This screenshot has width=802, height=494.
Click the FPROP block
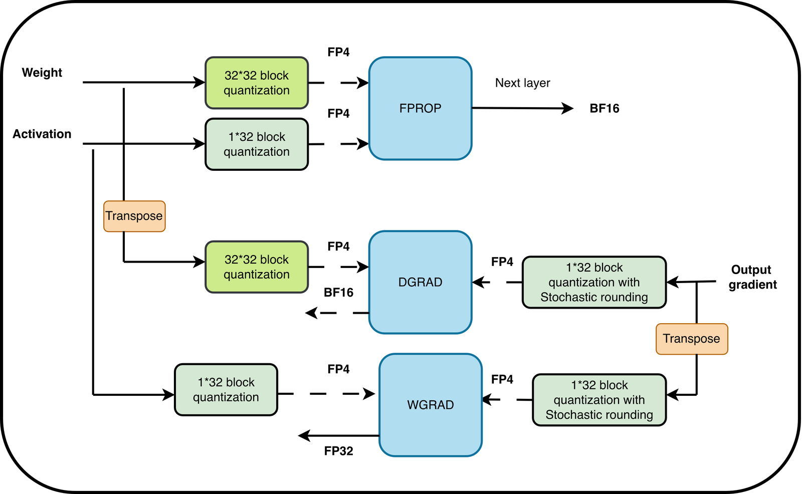pos(421,108)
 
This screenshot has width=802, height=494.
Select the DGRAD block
pos(421,282)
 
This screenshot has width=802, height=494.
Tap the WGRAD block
pos(431,405)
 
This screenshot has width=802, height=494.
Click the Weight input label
pos(42,73)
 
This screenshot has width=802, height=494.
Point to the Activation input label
pos(42,134)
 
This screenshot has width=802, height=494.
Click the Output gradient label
pos(752,277)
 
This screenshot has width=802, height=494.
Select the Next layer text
pos(522,83)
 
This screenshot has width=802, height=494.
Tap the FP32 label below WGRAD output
pos(338,451)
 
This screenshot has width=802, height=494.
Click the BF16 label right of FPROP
pos(605,108)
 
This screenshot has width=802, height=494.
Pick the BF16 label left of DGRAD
pos(338,293)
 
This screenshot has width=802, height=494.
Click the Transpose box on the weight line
pos(134,216)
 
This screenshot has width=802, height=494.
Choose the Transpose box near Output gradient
pos(692,339)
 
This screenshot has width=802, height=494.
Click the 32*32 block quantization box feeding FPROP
pos(257,83)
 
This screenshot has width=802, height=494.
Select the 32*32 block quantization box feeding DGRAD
pos(257,267)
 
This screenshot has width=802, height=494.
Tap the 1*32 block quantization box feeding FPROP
pos(257,144)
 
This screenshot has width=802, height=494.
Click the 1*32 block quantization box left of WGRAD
pos(226,390)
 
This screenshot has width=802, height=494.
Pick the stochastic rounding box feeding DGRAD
pos(594,283)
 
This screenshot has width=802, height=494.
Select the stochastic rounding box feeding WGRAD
pos(599,400)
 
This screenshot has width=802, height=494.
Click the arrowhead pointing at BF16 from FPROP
pos(567,108)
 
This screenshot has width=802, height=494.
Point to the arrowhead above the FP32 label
pos(304,436)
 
